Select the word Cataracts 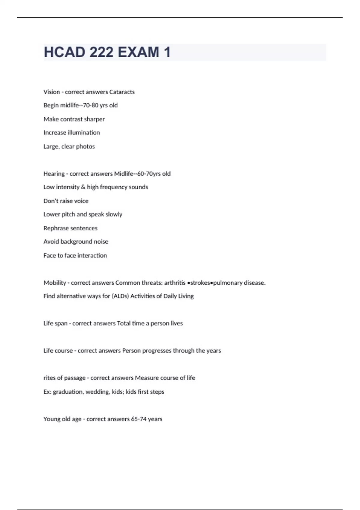click(x=122, y=92)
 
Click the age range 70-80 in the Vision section click(x=90, y=105)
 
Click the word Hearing click(x=54, y=174)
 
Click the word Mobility click(x=55, y=283)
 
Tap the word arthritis click(x=175, y=283)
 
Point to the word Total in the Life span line click(x=124, y=323)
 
